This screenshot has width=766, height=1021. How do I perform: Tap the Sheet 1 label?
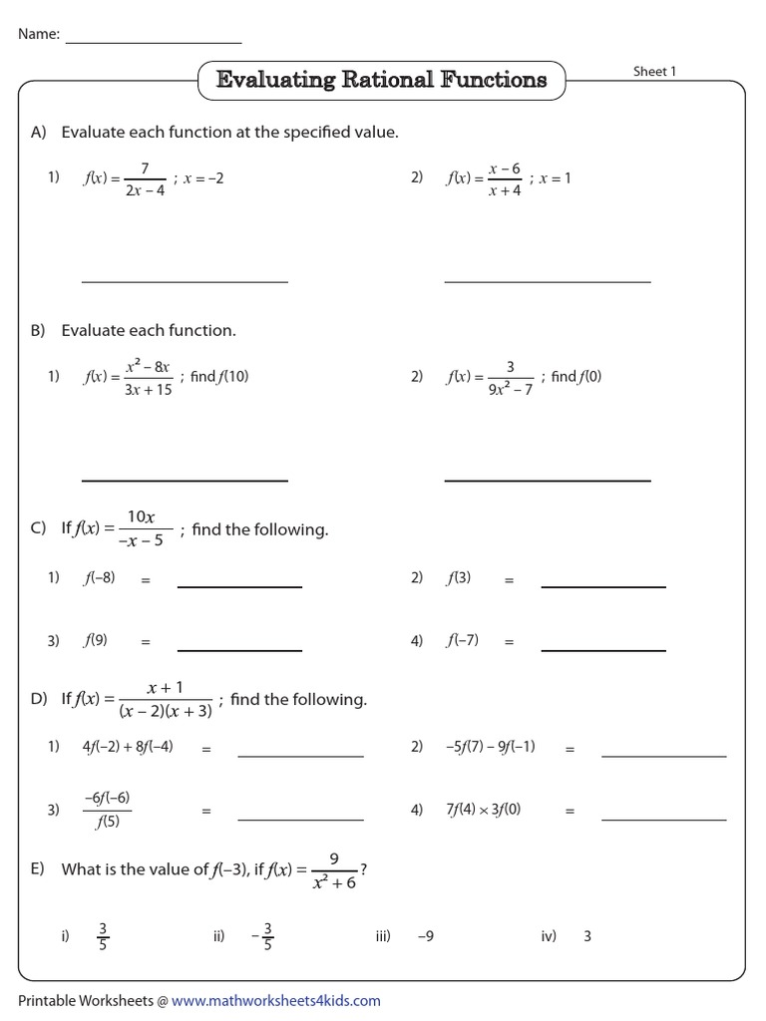coord(654,72)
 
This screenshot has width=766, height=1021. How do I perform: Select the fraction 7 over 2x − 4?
coord(145,179)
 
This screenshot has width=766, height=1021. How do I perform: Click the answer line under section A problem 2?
coord(547,281)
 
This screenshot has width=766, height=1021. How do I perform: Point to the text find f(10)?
coord(218,377)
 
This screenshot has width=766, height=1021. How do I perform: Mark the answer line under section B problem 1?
coord(185,480)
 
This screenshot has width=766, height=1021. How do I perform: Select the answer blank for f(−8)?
coord(239,586)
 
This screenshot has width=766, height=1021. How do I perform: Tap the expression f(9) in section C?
coord(96,641)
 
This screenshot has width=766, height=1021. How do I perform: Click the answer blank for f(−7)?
coord(602,649)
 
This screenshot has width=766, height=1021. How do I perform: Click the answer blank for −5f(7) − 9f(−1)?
coord(663,756)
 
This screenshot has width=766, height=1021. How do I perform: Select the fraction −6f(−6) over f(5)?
coord(107,810)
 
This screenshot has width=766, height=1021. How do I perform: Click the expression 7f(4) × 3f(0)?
coord(483,811)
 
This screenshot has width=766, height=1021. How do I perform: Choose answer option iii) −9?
coord(424,936)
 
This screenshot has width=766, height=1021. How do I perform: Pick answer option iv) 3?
coord(586,936)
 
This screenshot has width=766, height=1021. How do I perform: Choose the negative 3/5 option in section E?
coord(263,936)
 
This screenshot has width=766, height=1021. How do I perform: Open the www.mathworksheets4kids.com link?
coord(275,1000)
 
